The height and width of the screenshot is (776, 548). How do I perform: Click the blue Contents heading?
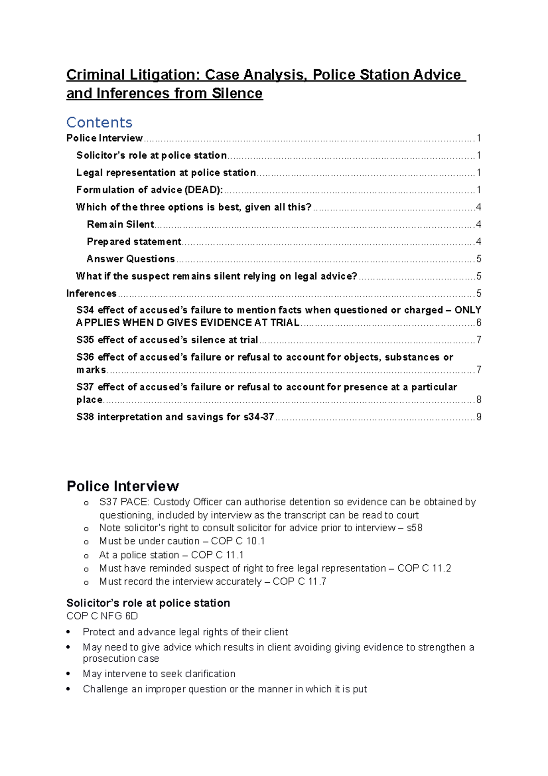pyautogui.click(x=99, y=122)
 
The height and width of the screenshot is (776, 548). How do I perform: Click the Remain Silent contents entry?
pyautogui.click(x=121, y=224)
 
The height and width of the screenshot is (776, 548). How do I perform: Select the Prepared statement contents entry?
pyautogui.click(x=134, y=242)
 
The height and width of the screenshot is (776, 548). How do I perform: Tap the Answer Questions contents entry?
pyautogui.click(x=131, y=259)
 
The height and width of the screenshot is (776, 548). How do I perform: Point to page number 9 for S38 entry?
pyautogui.click(x=479, y=417)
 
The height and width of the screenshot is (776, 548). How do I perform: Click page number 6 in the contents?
pyautogui.click(x=479, y=323)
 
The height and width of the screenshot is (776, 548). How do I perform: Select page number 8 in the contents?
pyautogui.click(x=479, y=400)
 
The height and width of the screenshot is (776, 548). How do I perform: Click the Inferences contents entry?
pyautogui.click(x=91, y=293)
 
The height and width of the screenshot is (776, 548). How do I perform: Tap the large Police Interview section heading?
pyautogui.click(x=122, y=486)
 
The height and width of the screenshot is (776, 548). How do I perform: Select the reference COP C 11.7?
pyautogui.click(x=299, y=582)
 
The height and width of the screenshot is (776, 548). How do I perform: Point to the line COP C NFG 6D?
pyautogui.click(x=102, y=616)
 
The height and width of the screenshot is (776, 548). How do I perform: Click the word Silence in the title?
pyautogui.click(x=237, y=94)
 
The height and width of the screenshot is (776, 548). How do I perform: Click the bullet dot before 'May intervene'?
pyautogui.click(x=68, y=674)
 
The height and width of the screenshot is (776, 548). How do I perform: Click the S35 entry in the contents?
pyautogui.click(x=85, y=340)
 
